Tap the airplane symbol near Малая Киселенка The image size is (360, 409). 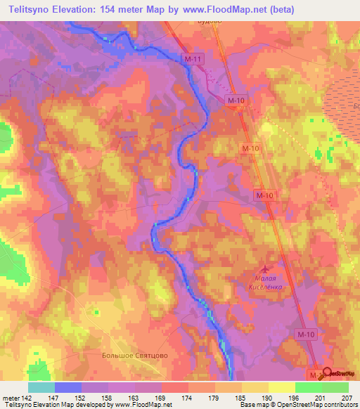point(265,269)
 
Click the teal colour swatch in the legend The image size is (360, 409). point(41,387)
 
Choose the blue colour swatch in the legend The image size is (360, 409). point(67,387)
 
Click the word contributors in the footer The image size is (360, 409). point(340,405)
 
